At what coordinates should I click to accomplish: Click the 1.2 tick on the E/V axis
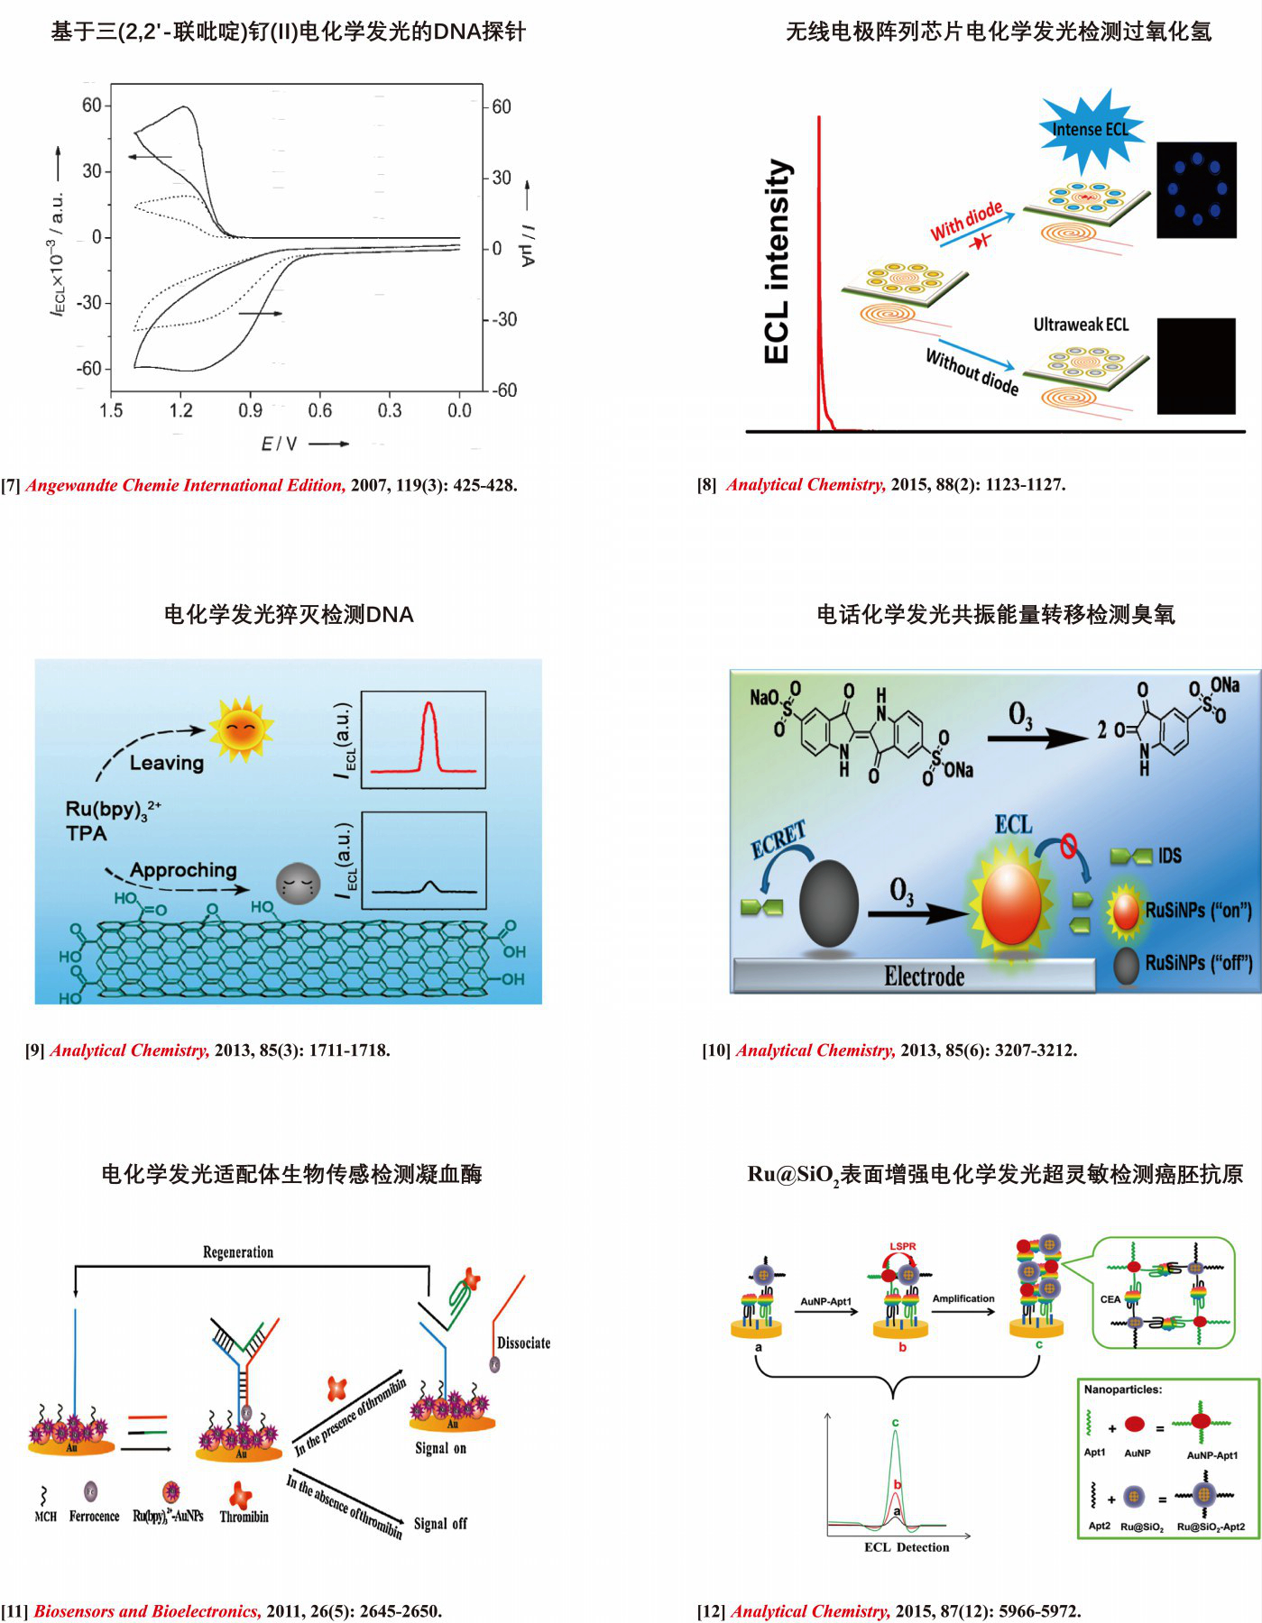pyautogui.click(x=180, y=411)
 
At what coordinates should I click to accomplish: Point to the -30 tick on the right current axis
pyautogui.click(x=503, y=319)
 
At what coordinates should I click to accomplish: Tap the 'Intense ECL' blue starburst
pyautogui.click(x=1090, y=130)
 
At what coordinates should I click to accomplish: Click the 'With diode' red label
pyautogui.click(x=966, y=220)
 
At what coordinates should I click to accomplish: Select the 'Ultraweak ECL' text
pyautogui.click(x=1081, y=325)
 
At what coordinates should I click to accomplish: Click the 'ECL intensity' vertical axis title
pyautogui.click(x=777, y=261)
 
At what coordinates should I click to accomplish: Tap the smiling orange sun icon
pyautogui.click(x=240, y=728)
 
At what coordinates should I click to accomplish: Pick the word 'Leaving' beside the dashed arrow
pyautogui.click(x=167, y=763)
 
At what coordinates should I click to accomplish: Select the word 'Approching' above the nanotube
pyautogui.click(x=183, y=870)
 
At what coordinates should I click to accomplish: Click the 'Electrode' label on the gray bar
pyautogui.click(x=924, y=977)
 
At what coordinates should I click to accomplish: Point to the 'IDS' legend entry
pyautogui.click(x=1169, y=856)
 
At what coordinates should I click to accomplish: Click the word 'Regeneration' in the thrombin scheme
pyautogui.click(x=238, y=1252)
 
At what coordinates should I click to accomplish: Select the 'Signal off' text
pyautogui.click(x=440, y=1523)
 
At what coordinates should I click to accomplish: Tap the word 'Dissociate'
pyautogui.click(x=523, y=1343)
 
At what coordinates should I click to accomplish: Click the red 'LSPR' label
pyautogui.click(x=902, y=1246)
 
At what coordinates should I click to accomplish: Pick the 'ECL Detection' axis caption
pyautogui.click(x=907, y=1547)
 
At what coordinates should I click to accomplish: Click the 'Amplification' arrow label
pyautogui.click(x=963, y=1298)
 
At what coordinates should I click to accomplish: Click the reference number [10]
pyautogui.click(x=716, y=1050)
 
